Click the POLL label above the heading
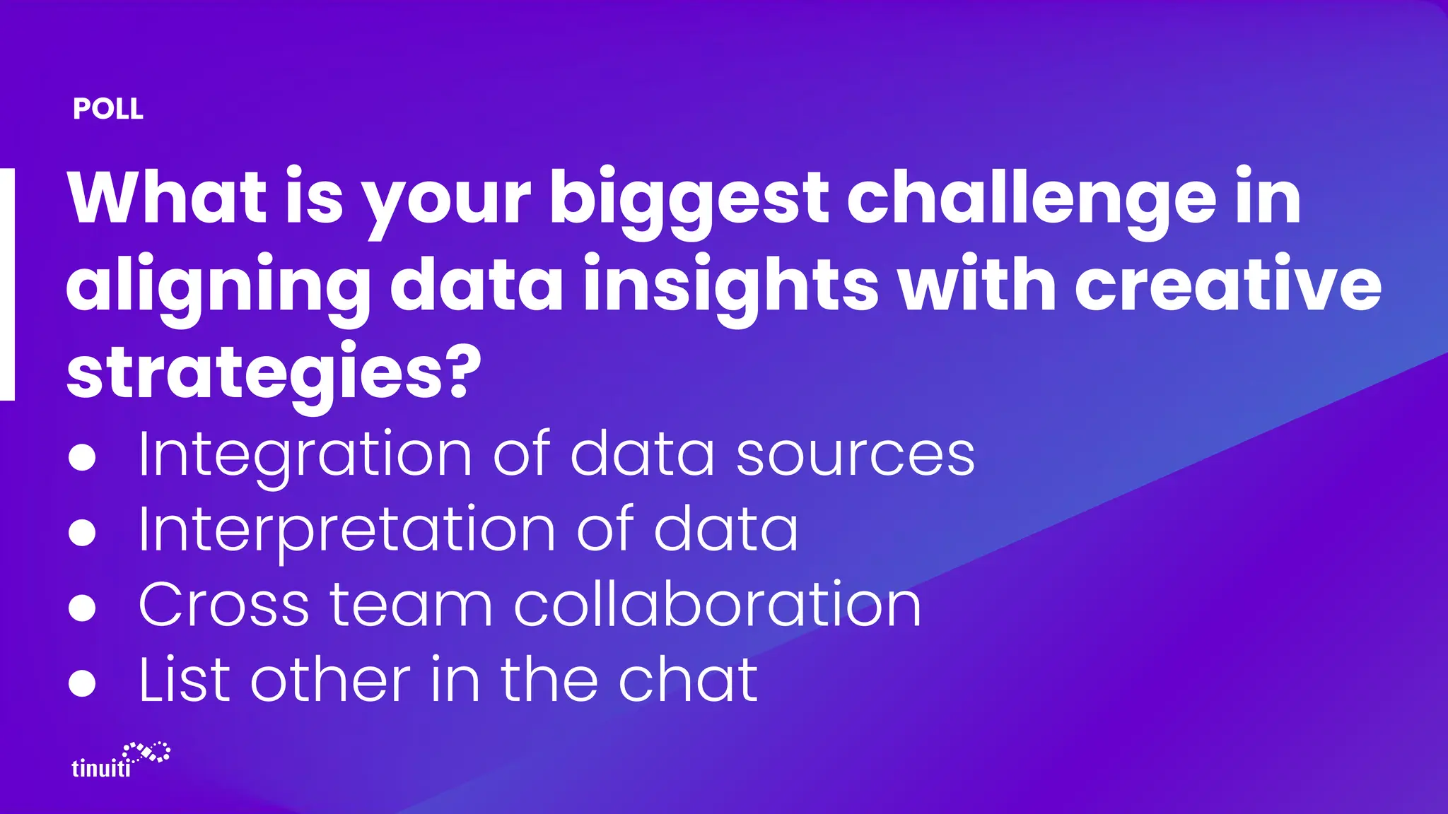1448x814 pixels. pyautogui.click(x=108, y=109)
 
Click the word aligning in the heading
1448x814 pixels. pyautogui.click(x=218, y=287)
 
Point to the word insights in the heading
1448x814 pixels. pyautogui.click(x=731, y=287)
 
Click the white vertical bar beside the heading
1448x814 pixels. pyautogui.click(x=7, y=284)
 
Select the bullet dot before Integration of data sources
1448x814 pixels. pyautogui.click(x=82, y=457)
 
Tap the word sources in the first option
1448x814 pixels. pyautogui.click(x=856, y=455)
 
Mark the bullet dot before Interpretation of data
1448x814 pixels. pyautogui.click(x=82, y=533)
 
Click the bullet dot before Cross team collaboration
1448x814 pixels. pyautogui.click(x=82, y=608)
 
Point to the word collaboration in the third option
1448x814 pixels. pyautogui.click(x=718, y=604)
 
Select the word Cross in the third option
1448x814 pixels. pyautogui.click(x=224, y=605)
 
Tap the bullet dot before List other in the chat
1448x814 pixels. pyautogui.click(x=82, y=683)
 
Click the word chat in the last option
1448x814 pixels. pyautogui.click(x=688, y=680)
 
